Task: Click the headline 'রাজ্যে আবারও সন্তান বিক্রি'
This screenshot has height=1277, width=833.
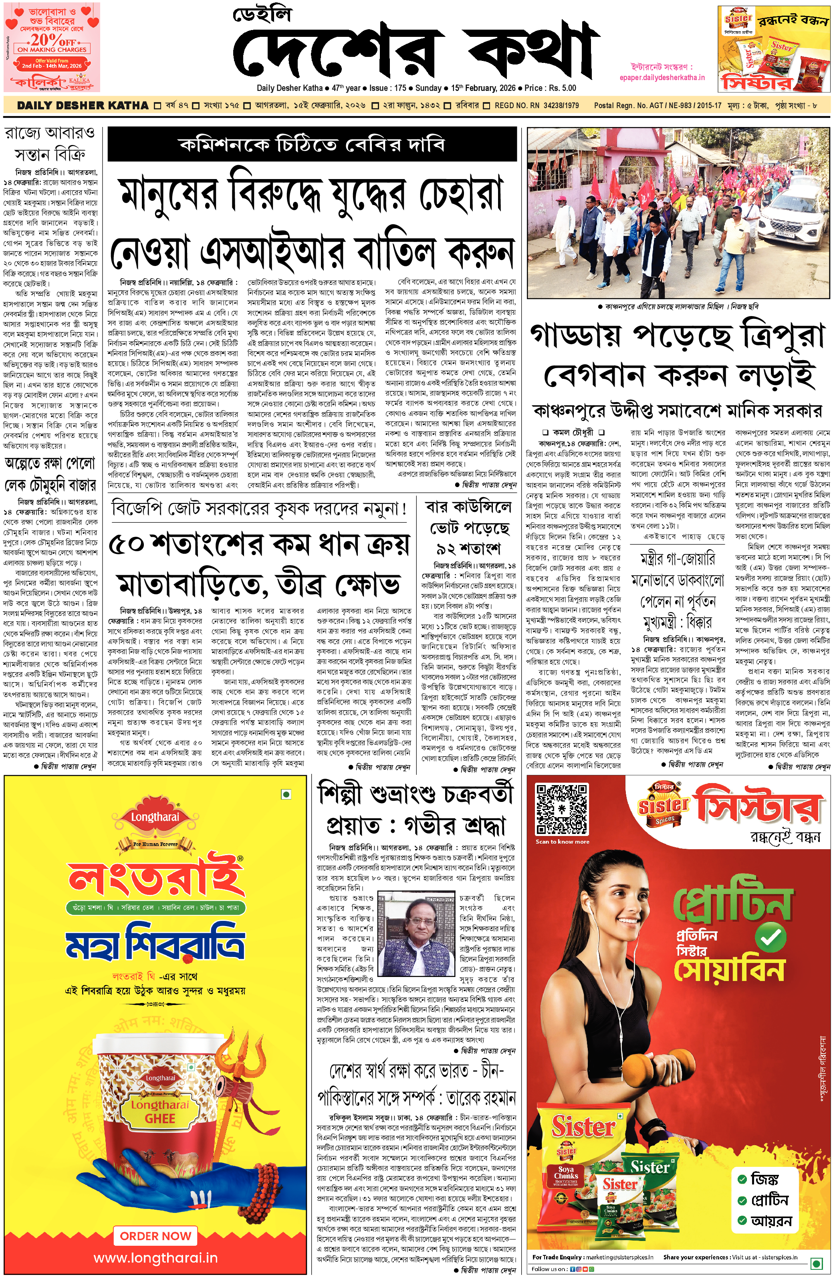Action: pyautogui.click(x=50, y=143)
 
